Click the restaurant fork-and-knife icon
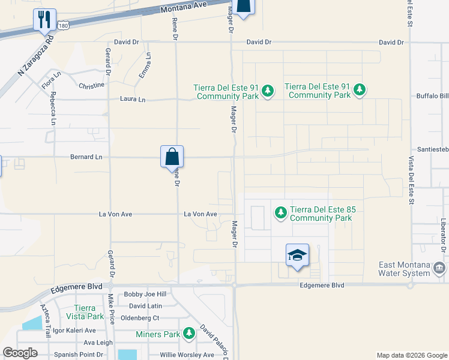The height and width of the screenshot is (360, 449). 44,20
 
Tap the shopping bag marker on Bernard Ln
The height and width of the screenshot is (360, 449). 172,157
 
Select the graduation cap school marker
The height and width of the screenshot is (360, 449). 297,255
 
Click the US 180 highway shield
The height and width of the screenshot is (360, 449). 64,25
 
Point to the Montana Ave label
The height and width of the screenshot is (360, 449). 184,7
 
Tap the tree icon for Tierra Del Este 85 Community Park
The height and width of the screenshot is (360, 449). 280,212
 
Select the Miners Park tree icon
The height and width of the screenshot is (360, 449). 189,333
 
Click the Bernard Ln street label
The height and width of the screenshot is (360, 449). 86,157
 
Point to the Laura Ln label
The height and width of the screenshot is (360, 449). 133,99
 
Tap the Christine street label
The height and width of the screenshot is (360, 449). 91,85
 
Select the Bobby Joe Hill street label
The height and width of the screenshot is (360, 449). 145,295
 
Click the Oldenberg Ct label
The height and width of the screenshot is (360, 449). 140,318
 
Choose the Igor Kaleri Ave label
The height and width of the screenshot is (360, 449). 74,331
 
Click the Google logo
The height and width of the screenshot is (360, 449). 20,353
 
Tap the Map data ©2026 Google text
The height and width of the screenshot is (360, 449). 411,355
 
